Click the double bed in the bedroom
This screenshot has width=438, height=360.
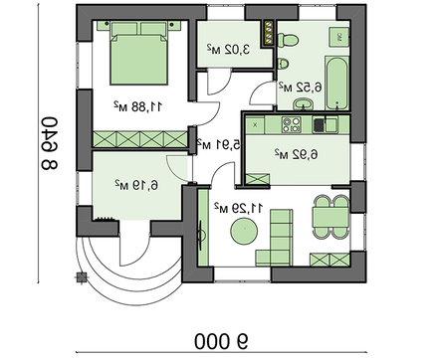click(139, 54)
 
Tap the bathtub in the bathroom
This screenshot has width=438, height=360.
click(336, 83)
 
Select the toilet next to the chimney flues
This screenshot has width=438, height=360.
click(288, 40)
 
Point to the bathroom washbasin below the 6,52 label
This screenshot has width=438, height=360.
click(303, 104)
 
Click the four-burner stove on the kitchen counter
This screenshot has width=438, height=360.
click(292, 125)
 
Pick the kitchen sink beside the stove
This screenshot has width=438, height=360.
click(326, 124)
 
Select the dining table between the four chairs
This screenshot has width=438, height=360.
click(330, 218)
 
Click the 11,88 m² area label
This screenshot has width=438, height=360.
click(138, 106)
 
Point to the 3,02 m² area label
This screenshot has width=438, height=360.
click(229, 49)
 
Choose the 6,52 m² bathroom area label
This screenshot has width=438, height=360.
click(301, 88)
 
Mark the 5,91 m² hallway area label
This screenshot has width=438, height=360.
click(219, 144)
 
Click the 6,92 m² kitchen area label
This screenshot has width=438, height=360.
click(297, 154)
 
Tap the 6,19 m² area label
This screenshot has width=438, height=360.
click(136, 185)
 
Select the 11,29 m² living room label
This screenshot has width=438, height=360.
click(239, 208)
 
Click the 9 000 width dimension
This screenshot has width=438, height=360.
click(222, 341)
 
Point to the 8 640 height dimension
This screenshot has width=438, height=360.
click(50, 143)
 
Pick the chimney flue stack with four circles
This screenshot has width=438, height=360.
click(269, 33)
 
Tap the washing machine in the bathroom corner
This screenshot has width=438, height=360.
click(338, 37)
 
